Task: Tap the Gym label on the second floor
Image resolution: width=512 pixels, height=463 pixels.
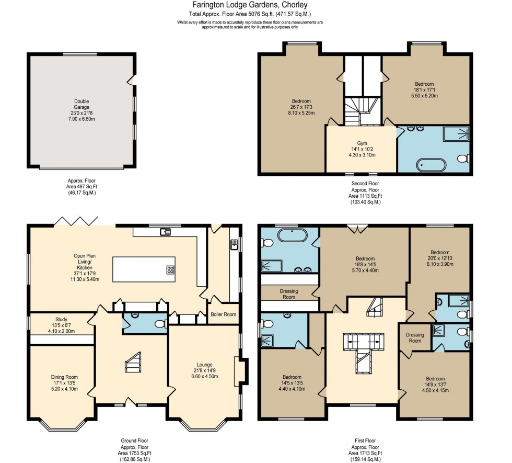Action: [x=363, y=143]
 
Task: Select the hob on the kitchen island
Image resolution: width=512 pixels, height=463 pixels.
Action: [x=170, y=270]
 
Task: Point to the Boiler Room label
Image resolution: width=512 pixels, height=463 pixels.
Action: [x=223, y=315]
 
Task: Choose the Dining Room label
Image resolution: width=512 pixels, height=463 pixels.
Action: [x=64, y=377]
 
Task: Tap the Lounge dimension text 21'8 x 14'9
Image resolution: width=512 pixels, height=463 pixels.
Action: [x=204, y=370]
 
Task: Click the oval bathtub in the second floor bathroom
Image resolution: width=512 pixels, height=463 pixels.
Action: [x=430, y=166]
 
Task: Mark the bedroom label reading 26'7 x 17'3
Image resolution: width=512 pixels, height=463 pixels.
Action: [x=301, y=107]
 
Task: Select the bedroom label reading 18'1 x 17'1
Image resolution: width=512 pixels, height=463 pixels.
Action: [x=424, y=89]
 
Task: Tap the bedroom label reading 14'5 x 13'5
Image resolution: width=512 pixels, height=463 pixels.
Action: [x=292, y=383]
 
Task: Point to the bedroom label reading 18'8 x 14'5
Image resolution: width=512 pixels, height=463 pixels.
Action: [x=365, y=265]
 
